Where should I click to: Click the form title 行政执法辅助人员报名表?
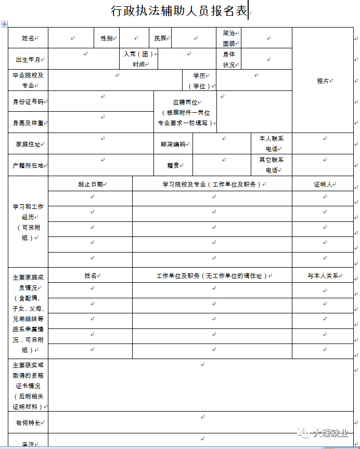point(179,10)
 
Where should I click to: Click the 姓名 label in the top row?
point(28,38)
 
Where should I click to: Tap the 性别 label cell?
point(106,38)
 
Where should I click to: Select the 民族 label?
point(160,38)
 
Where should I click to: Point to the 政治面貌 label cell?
point(228,38)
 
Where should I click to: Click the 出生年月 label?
point(28,59)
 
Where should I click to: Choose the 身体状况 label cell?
point(228,59)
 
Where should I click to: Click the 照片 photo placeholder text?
point(323,81)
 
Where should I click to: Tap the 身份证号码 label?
point(28,101)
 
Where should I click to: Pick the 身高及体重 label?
point(28,123)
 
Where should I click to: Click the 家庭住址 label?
point(28,144)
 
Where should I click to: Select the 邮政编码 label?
point(173,144)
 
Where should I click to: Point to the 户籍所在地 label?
point(28,165)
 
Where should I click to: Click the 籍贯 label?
point(173,165)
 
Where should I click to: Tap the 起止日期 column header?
point(90,184)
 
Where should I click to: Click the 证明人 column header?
point(323,184)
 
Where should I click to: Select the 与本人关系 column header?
point(323,276)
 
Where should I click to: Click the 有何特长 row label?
point(28,422)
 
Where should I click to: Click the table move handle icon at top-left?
point(4,24)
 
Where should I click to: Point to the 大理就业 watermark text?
point(329,433)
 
